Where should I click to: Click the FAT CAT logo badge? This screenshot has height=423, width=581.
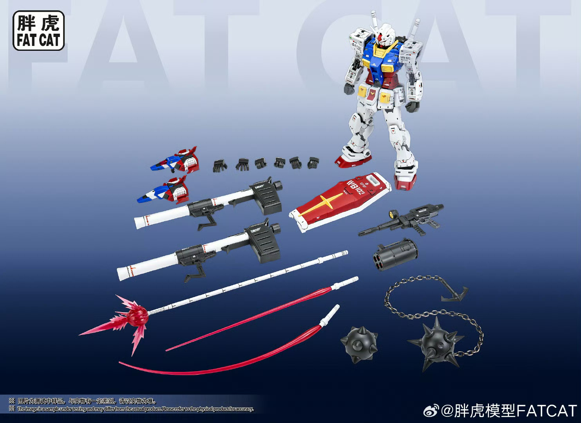[38, 31]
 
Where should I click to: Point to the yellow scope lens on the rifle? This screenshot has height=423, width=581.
[391, 213]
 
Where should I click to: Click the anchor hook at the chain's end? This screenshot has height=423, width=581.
[454, 293]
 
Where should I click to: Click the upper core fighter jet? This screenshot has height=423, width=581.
[175, 161]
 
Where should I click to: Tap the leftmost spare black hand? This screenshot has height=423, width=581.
[220, 166]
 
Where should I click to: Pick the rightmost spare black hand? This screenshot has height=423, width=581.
[313, 163]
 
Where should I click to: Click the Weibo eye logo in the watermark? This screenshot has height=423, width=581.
[431, 411]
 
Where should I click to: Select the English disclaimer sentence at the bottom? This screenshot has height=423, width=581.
[135, 409]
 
